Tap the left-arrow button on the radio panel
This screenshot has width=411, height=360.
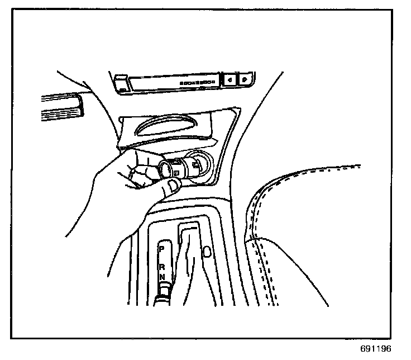coord(231,80)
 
